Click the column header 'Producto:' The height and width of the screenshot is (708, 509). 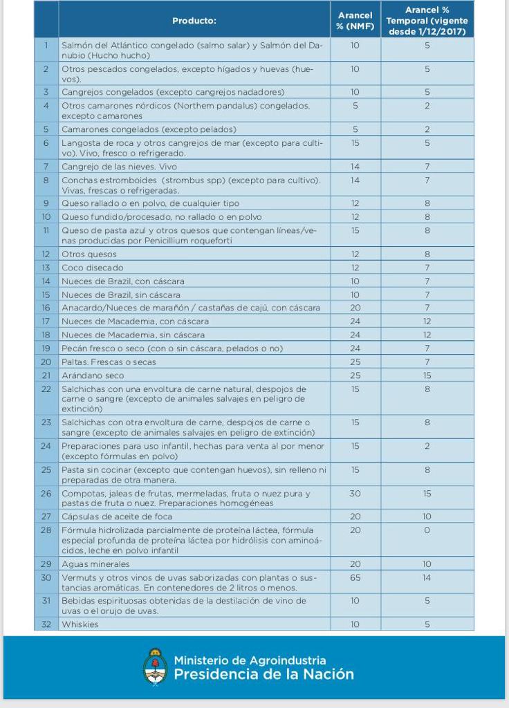(x=194, y=21)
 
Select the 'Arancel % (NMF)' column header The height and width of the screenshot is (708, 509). (x=355, y=21)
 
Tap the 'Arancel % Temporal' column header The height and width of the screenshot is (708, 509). (x=427, y=21)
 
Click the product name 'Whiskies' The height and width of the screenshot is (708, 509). (x=80, y=624)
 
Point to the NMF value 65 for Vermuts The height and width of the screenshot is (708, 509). (x=355, y=577)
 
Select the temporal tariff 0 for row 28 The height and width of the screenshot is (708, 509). (x=427, y=530)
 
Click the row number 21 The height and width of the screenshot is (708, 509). (x=46, y=375)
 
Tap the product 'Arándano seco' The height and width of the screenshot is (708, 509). (x=93, y=375)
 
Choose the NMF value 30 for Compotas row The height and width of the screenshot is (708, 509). (x=355, y=494)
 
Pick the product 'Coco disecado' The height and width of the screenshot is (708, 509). (x=92, y=268)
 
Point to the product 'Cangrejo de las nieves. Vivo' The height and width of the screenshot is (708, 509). (x=119, y=167)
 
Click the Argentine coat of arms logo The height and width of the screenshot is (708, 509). (x=155, y=667)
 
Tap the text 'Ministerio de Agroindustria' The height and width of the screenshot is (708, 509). (x=250, y=660)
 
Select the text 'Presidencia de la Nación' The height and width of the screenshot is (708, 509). (x=263, y=674)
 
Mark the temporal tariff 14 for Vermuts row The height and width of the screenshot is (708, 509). (x=427, y=577)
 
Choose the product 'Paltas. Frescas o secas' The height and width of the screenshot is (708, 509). (x=109, y=362)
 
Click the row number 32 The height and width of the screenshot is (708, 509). (x=46, y=624)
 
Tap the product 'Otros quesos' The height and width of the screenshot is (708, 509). (x=89, y=254)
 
